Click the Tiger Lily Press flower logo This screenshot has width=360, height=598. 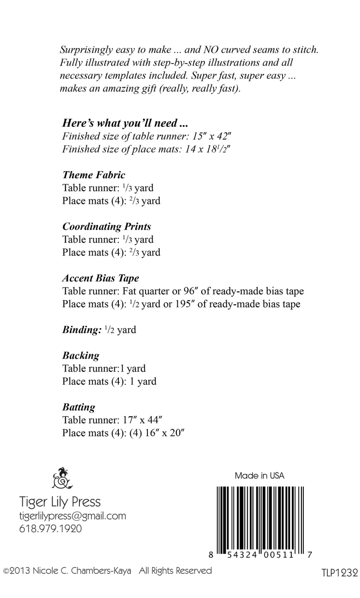coord(62,478)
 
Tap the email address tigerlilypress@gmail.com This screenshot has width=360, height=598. coord(73,516)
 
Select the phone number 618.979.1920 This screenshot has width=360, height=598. coord(51,529)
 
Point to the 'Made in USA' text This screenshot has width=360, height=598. coord(260,476)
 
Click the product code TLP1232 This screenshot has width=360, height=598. coord(340,573)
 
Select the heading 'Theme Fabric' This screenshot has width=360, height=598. coord(94,175)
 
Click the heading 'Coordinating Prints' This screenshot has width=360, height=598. coord(106,227)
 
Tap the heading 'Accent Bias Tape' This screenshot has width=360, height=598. coord(100,278)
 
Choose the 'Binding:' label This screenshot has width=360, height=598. coord(82,330)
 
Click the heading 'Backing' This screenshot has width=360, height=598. coord(81,356)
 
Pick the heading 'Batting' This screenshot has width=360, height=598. coord(79,407)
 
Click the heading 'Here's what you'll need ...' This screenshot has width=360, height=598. coord(125,123)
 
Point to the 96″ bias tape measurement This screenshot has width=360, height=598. coord(191,291)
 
